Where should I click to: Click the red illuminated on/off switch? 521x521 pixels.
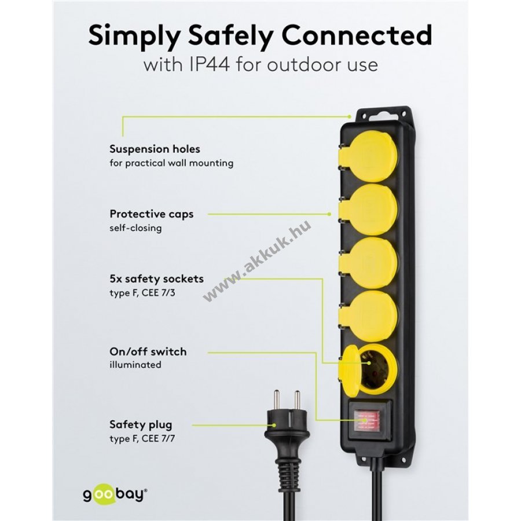366,421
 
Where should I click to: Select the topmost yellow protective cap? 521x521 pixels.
368,159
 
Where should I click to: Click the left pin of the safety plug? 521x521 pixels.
276,401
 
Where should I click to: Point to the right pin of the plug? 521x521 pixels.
297,401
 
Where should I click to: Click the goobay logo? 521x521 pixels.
115,494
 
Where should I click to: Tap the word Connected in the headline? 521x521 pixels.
357,35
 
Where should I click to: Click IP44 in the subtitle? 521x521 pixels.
210,64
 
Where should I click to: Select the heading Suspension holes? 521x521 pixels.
155,149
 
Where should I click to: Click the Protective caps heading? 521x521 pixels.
152,214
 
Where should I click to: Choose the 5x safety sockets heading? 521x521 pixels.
156,278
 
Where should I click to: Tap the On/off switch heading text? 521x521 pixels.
148,351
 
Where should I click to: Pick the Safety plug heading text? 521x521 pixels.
141,425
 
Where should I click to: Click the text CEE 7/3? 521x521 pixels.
158,293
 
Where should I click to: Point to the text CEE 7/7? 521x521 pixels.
158,439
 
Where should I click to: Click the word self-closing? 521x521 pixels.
135,228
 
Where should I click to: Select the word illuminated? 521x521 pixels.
135,365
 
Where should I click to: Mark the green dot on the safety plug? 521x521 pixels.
274,425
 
